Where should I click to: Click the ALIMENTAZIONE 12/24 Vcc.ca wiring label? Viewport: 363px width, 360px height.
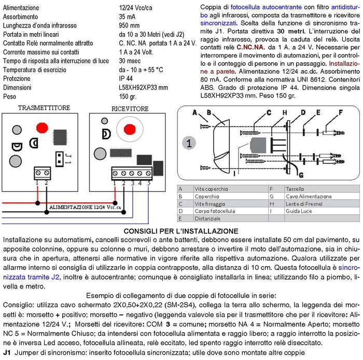pos(85,207)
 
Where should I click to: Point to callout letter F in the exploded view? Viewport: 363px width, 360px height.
pos(340,112)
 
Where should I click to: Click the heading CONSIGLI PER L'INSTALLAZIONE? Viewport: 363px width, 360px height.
pos(181,231)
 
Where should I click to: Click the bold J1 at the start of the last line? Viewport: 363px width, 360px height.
pos(7,353)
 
